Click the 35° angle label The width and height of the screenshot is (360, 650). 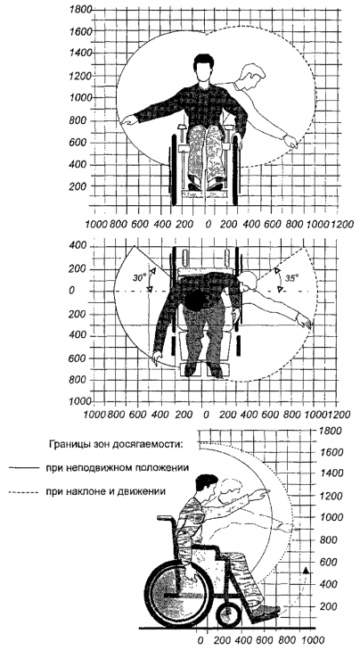[x=292, y=278]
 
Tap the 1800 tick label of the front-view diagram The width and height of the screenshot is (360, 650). [x=80, y=9]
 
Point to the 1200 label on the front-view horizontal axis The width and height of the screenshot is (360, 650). [x=341, y=225]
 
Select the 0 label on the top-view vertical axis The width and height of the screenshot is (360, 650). [x=72, y=291]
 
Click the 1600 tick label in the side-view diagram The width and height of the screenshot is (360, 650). [x=331, y=452]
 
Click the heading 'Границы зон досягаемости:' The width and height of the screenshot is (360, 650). [x=115, y=445]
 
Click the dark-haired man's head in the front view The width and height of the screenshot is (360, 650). [x=202, y=69]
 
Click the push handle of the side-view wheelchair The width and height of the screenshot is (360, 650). [x=166, y=517]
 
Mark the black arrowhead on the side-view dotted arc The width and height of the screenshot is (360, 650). [x=306, y=571]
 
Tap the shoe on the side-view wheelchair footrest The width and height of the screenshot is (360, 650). [x=265, y=609]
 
